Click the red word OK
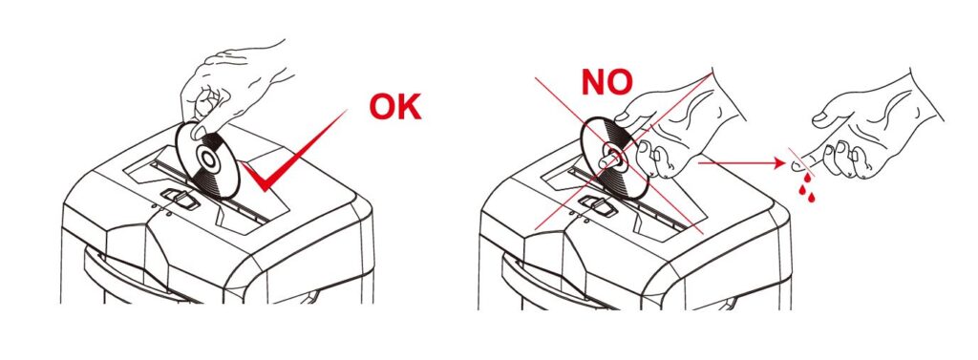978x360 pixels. [x=394, y=106]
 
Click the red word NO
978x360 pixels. [x=606, y=82]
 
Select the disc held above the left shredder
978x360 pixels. [x=207, y=159]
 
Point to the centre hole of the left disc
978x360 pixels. [x=208, y=160]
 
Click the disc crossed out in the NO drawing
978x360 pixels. [x=614, y=159]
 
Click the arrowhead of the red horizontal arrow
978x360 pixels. [x=777, y=163]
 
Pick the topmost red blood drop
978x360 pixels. [x=807, y=179]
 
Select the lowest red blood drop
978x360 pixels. [x=811, y=198]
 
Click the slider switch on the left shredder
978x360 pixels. [x=181, y=200]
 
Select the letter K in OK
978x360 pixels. [x=409, y=106]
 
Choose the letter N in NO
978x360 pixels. [x=593, y=82]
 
